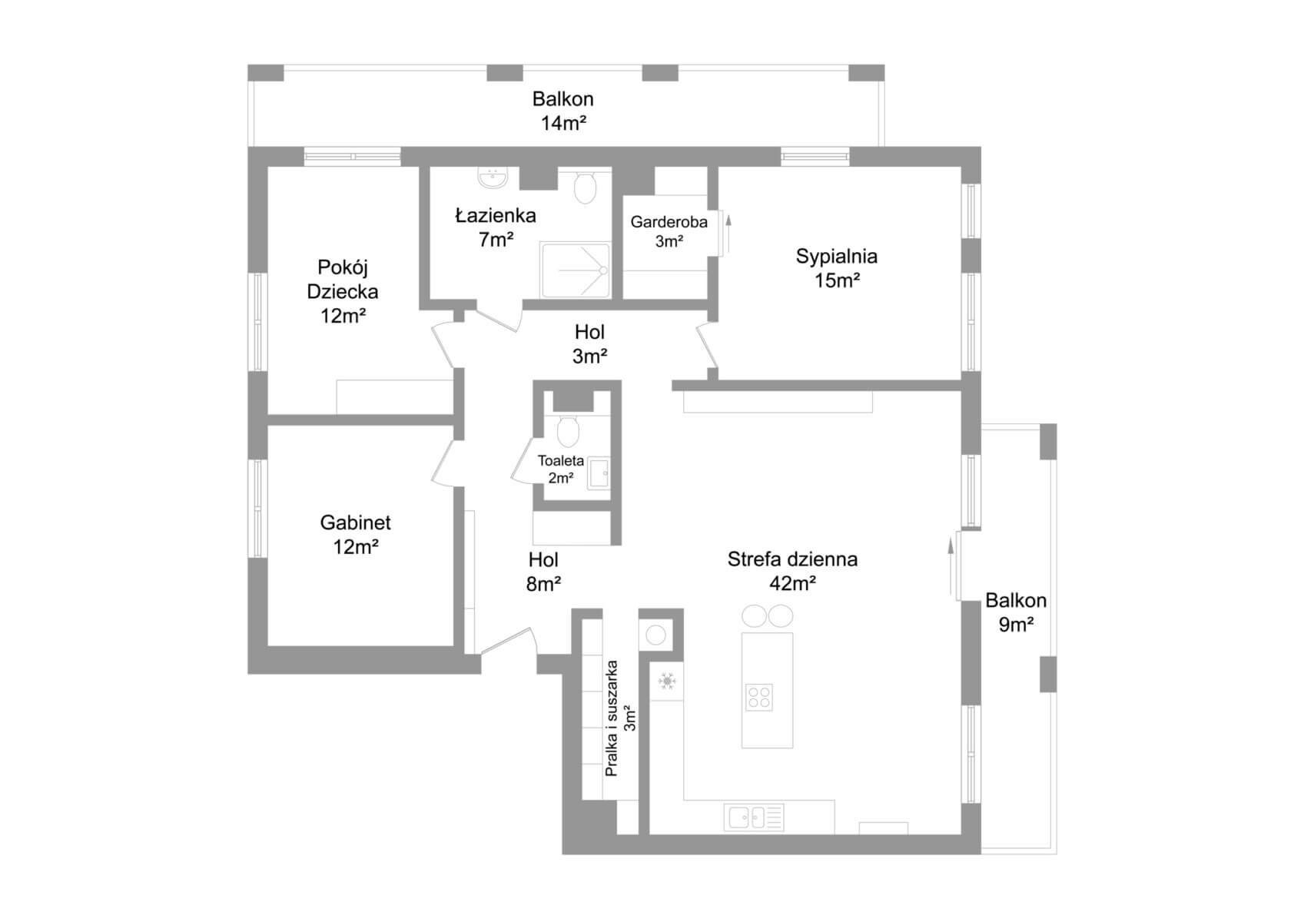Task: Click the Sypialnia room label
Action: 836,257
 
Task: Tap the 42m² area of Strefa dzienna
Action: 792,584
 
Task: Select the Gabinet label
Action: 355,523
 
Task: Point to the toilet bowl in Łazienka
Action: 586,187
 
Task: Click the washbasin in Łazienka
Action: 492,178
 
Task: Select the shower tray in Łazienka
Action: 576,270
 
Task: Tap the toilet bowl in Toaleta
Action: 568,432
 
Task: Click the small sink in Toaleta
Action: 599,473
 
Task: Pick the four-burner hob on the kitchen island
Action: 759,697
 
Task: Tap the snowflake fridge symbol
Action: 667,682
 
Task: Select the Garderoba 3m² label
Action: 669,231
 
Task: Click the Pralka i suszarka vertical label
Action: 612,718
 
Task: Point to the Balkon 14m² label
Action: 563,111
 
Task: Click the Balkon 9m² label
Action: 1016,612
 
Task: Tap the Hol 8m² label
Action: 543,572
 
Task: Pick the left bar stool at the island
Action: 755,616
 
